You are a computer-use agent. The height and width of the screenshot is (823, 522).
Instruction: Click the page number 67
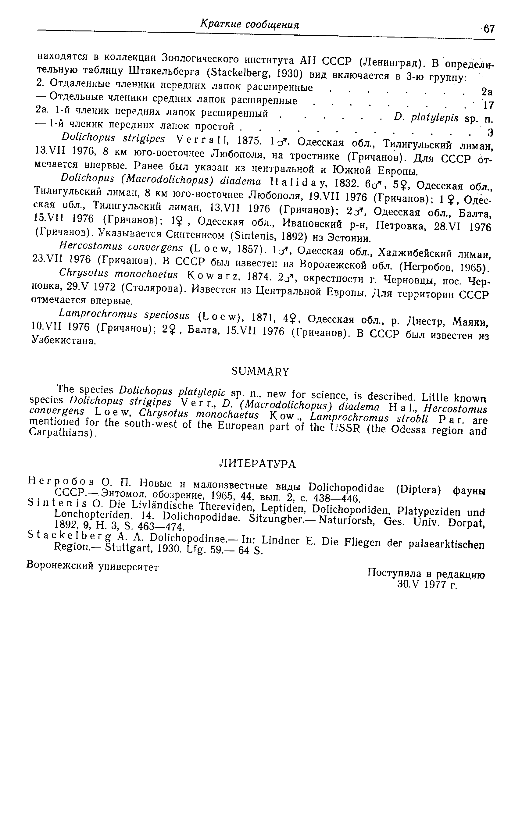coord(489,29)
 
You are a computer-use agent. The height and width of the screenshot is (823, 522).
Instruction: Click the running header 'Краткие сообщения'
coord(249,25)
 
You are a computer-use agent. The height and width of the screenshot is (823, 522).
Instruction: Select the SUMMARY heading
coord(260,371)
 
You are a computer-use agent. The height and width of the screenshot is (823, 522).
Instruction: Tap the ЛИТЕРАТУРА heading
coord(257,464)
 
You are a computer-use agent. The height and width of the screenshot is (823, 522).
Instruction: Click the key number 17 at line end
coord(489,105)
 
